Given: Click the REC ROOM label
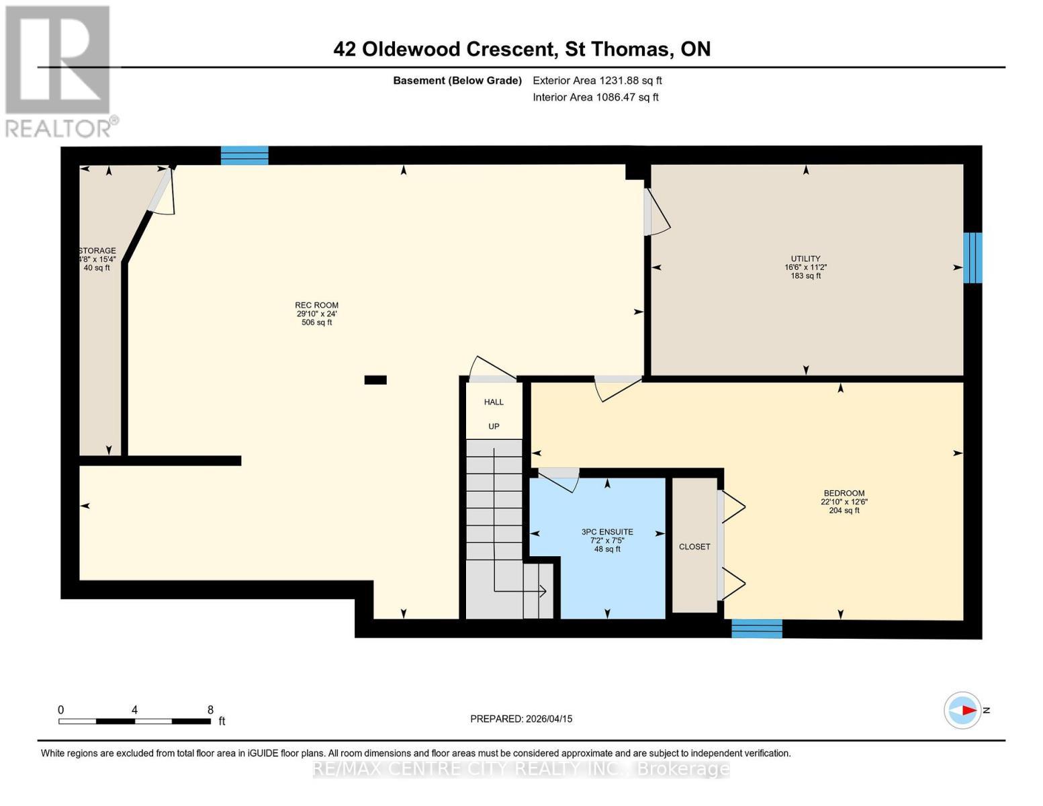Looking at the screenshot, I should (316, 306).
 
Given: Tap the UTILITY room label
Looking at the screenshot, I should (805, 259).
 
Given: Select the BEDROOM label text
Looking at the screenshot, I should (844, 493).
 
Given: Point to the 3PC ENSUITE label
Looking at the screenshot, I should (607, 532).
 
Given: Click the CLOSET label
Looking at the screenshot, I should (694, 547).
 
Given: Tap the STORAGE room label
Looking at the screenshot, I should (97, 251).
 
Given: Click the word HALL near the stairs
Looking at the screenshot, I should (494, 402).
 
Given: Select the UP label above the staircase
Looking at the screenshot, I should (494, 427).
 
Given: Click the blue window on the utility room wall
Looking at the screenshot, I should (972, 258).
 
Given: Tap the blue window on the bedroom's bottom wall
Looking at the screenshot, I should (757, 629).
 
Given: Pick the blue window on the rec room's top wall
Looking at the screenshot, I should (244, 155).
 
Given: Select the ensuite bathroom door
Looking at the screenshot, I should (559, 477).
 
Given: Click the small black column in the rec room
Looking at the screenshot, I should (375, 380).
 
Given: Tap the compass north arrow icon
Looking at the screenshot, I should (963, 710).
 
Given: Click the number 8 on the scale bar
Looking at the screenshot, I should (210, 710).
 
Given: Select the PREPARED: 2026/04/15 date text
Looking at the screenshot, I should (521, 719).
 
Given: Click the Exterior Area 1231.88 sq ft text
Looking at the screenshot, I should (597, 81).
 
